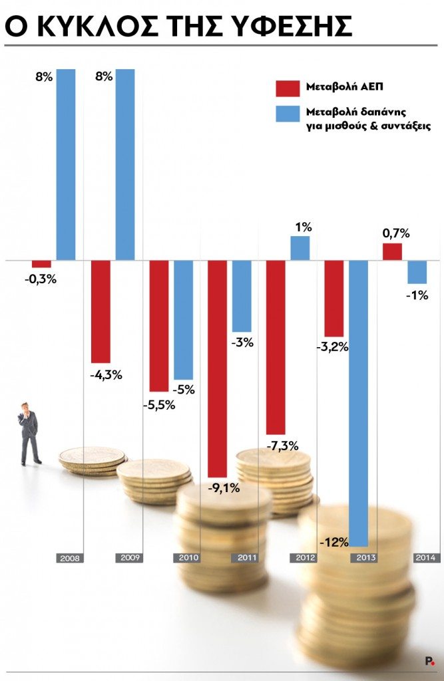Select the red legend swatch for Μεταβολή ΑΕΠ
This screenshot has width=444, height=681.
(288, 88)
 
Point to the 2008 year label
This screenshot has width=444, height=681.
(70, 558)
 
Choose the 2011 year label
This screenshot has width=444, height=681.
(244, 558)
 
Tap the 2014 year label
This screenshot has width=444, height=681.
(427, 558)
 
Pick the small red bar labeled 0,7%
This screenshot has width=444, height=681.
(392, 251)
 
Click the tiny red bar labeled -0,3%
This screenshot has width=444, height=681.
(41, 264)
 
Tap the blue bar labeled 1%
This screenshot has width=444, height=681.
(300, 248)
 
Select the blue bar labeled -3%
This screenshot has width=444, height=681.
(242, 296)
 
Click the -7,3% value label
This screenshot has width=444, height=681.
(282, 446)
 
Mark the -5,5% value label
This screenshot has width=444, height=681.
(159, 405)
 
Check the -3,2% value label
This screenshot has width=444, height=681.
(333, 346)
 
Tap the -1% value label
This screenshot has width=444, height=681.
(417, 296)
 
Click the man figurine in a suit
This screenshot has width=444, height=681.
(29, 433)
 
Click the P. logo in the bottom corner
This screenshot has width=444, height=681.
(429, 661)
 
